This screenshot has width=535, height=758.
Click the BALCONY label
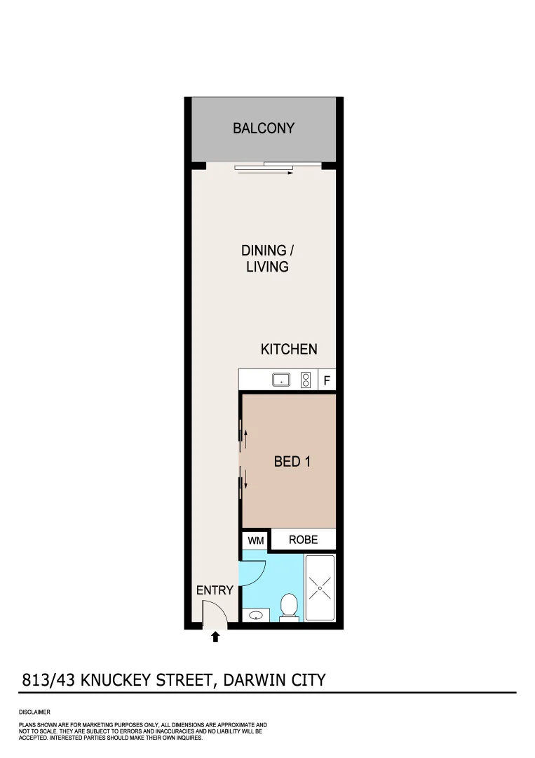[x=264, y=128]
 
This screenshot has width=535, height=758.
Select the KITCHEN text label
[x=289, y=349]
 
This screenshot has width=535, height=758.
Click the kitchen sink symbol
[x=281, y=380]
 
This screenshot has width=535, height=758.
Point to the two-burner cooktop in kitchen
[x=306, y=380]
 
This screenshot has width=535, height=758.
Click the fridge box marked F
[x=327, y=381]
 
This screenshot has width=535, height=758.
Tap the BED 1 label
[x=292, y=462]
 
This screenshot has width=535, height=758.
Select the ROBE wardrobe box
[x=303, y=540]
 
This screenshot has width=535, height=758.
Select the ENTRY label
[x=214, y=590]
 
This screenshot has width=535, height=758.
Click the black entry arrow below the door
[x=216, y=637]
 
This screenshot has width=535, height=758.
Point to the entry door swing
[x=214, y=616]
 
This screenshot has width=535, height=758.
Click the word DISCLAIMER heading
[x=34, y=712]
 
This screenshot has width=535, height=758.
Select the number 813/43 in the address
[x=50, y=679]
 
